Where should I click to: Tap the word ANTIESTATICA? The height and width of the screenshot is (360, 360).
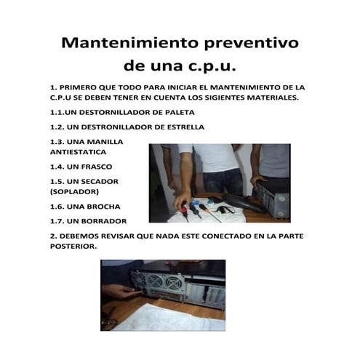tap(78, 152)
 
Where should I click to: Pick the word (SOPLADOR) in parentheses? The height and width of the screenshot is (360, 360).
tap(77, 192)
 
